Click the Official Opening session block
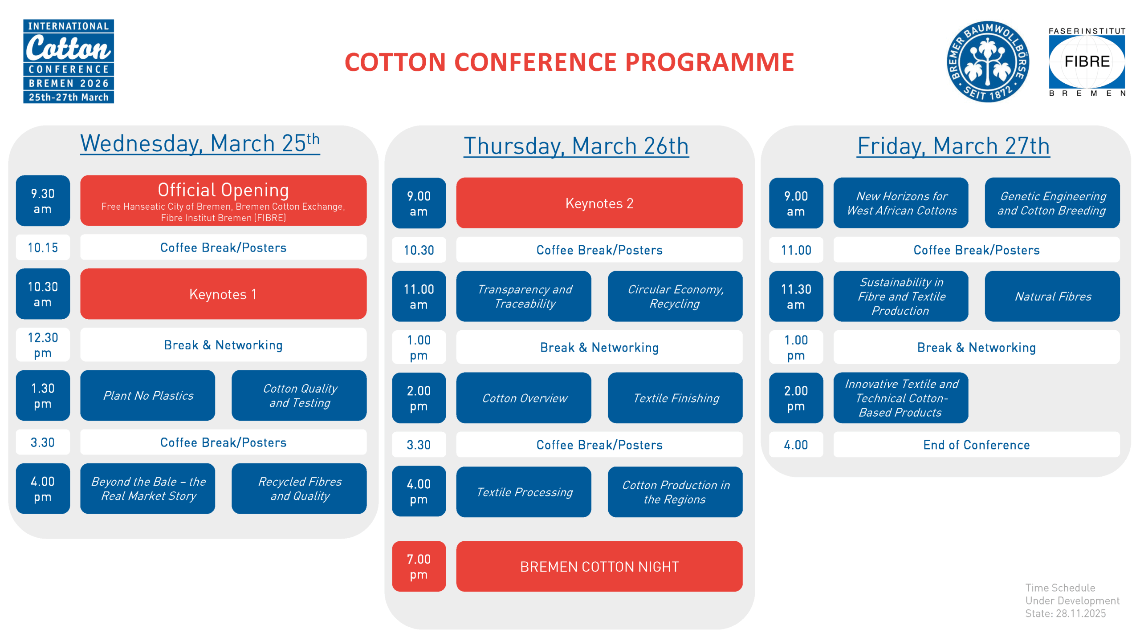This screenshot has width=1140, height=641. click(223, 200)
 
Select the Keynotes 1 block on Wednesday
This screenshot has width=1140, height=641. click(223, 294)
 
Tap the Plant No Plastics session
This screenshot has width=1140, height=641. click(147, 395)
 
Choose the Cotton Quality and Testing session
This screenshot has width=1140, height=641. click(299, 395)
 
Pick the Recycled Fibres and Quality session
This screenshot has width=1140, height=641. click(299, 488)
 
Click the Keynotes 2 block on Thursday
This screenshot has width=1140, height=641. click(599, 203)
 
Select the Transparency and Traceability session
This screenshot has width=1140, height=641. click(524, 296)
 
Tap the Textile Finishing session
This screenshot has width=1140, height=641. click(675, 398)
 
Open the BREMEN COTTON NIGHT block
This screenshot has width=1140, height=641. click(599, 566)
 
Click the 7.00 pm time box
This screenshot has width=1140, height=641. click(419, 566)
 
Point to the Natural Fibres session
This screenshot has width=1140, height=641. click(1052, 296)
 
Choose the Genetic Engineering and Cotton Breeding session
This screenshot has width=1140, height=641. click(1052, 203)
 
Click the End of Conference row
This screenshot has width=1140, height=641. click(977, 444)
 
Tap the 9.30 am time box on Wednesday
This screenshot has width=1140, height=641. click(43, 200)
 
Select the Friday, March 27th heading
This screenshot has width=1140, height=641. click(953, 146)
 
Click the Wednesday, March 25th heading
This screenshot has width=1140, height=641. click(200, 143)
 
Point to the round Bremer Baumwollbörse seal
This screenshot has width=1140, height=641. click(988, 61)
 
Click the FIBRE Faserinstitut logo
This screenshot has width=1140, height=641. click(1087, 61)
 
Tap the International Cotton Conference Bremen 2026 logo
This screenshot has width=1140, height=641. click(69, 61)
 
